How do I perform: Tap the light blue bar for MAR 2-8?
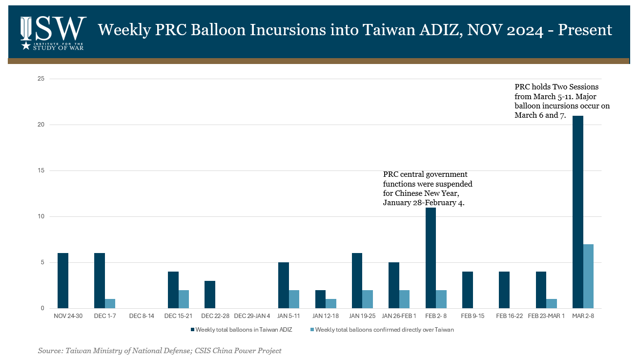[x=589, y=276]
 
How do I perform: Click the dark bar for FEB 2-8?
[x=431, y=258]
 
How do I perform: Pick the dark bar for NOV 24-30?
[x=63, y=280]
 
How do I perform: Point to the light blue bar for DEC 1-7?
[x=110, y=303]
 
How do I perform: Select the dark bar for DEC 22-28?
[x=210, y=295]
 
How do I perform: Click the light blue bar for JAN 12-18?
[x=331, y=303]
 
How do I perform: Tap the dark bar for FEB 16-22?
[x=504, y=290]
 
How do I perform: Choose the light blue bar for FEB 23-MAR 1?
[x=552, y=303]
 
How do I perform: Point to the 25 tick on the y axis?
[x=41, y=79]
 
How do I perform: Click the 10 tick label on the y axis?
[x=41, y=216]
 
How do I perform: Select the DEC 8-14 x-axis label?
[x=142, y=316]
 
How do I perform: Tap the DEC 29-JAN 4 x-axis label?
[x=252, y=316]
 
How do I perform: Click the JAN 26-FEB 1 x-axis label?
[x=399, y=316]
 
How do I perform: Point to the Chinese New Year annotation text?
[x=428, y=189]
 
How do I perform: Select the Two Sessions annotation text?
[x=561, y=101]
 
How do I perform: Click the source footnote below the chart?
[x=160, y=351]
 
